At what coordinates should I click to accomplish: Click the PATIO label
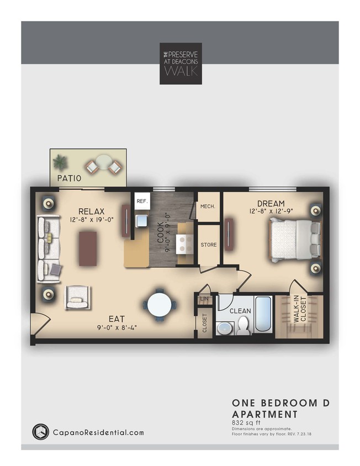click(x=70, y=178)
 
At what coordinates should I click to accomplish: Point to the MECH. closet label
click(x=208, y=206)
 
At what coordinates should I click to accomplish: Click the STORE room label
click(x=209, y=245)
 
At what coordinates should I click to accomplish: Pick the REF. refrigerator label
click(x=142, y=202)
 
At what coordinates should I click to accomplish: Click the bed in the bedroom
click(x=294, y=239)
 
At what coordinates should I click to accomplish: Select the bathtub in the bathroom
click(x=263, y=315)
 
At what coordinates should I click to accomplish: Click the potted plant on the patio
click(x=60, y=161)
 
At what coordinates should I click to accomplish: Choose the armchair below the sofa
click(x=77, y=299)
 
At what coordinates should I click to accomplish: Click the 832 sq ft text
click(x=246, y=422)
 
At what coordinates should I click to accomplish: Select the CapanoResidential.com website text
click(x=98, y=432)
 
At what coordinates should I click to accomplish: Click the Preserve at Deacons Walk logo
click(x=181, y=63)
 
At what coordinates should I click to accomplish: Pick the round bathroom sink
click(x=224, y=328)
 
